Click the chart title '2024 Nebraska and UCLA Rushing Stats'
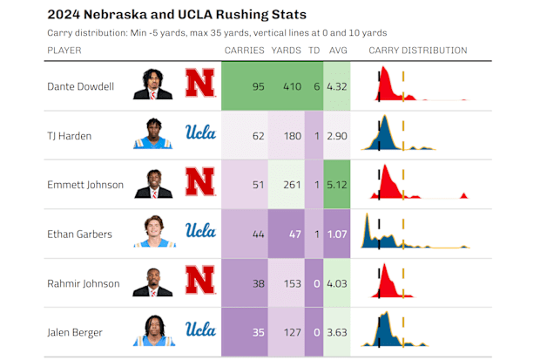click(176, 15)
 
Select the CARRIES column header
click(244, 51)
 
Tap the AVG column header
click(337, 51)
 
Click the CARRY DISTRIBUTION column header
click(417, 51)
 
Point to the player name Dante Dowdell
click(80, 87)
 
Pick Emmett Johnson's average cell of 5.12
click(337, 185)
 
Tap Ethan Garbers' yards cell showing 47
click(292, 234)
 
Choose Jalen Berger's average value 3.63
click(337, 332)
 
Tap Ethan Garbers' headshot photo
click(153, 232)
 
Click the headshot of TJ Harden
click(153, 134)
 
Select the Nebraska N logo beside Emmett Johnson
click(200, 183)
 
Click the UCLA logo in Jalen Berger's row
click(200, 330)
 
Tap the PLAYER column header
click(64, 51)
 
